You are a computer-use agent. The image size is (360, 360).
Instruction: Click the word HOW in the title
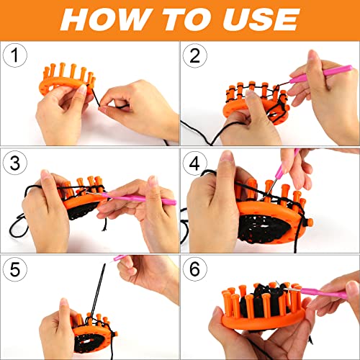pos(104,19)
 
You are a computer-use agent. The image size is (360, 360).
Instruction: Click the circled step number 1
pos(15,55)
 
